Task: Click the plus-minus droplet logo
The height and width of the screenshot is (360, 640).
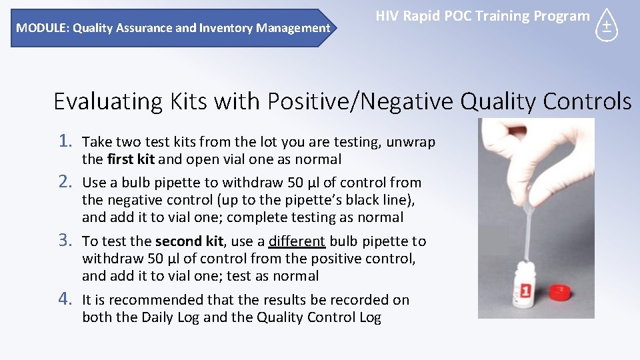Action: (x=606, y=26)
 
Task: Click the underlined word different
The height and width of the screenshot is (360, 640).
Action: (x=297, y=241)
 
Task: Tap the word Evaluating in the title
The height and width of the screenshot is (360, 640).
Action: (x=105, y=101)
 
